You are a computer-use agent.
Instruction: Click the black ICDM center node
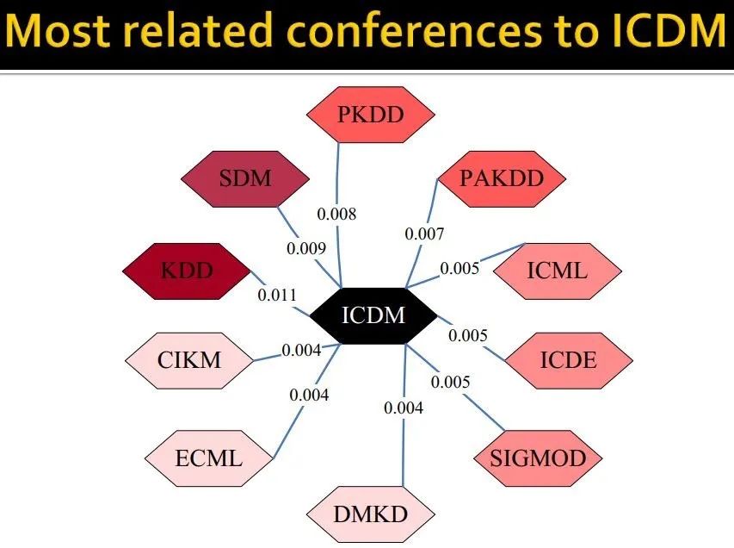pos(373,315)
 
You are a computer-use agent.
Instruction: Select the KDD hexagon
pos(186,271)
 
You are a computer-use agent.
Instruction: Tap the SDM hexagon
pos(244,179)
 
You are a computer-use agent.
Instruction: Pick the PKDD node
pos(371,114)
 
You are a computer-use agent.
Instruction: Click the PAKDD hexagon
pos(502,179)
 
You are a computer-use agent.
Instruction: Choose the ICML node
pos(557,271)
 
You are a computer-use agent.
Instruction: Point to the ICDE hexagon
pos(568,359)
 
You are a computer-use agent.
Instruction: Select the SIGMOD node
pos(537,458)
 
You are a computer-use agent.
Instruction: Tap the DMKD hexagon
pos(371,515)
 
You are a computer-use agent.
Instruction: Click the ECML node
pos(208,458)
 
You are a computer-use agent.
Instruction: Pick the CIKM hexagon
pos(188,359)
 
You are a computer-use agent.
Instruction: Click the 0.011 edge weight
pos(276,295)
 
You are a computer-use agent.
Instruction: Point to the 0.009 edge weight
pos(306,249)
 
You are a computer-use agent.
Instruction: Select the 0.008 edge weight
pos(336,214)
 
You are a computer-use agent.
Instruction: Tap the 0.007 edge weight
pos(424,234)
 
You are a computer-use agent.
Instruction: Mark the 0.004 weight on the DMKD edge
pos(404,408)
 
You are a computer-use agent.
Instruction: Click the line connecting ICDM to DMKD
pos(404,448)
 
